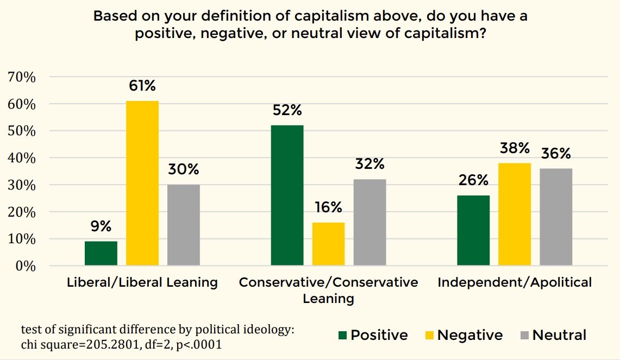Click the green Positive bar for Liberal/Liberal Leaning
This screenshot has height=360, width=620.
[101, 254]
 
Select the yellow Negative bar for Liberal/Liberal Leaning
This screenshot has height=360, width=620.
[142, 183]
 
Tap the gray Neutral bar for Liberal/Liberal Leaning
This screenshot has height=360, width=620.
[183, 225]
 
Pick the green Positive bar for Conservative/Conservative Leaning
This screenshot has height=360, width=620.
[287, 195]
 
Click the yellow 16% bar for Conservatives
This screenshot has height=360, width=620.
[328, 244]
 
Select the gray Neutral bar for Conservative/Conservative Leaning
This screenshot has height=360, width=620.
[370, 222]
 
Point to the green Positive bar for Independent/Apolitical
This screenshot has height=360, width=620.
[473, 230]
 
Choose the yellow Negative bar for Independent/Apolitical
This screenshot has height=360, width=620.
[515, 214]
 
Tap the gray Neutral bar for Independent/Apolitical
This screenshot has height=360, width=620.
[556, 217]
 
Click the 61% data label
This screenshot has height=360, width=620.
[142, 86]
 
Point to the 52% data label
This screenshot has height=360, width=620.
[287, 110]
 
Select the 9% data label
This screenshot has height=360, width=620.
[101, 226]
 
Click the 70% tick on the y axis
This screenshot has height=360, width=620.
[22, 77]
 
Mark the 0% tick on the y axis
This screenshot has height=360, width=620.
[25, 266]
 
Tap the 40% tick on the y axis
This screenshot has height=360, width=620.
[22, 158]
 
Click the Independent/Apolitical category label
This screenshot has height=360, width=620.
[515, 282]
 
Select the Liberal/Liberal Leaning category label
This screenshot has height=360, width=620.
[142, 282]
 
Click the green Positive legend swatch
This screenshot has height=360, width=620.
[342, 335]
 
